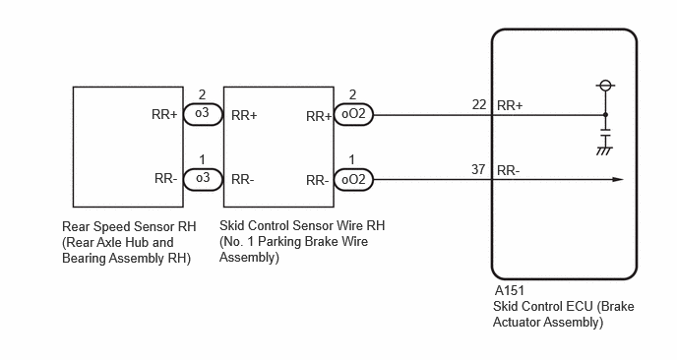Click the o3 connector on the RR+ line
[x=203, y=115]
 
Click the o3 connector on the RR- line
[x=203, y=179]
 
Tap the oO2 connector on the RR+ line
[x=353, y=115]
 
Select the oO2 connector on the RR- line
[x=353, y=179]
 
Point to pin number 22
[x=479, y=104]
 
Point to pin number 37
[x=478, y=169]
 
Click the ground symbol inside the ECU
[x=605, y=150]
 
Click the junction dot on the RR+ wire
[x=606, y=115]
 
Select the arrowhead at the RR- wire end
[x=618, y=179]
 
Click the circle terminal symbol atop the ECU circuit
[x=606, y=85]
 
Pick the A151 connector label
[x=510, y=290]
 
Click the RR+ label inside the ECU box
[x=510, y=105]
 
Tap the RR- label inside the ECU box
[x=508, y=170]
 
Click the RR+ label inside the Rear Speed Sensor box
[x=164, y=114]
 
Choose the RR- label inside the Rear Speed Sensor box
[x=165, y=178]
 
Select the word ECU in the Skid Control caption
[x=581, y=306]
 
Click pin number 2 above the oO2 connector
[x=352, y=94]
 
